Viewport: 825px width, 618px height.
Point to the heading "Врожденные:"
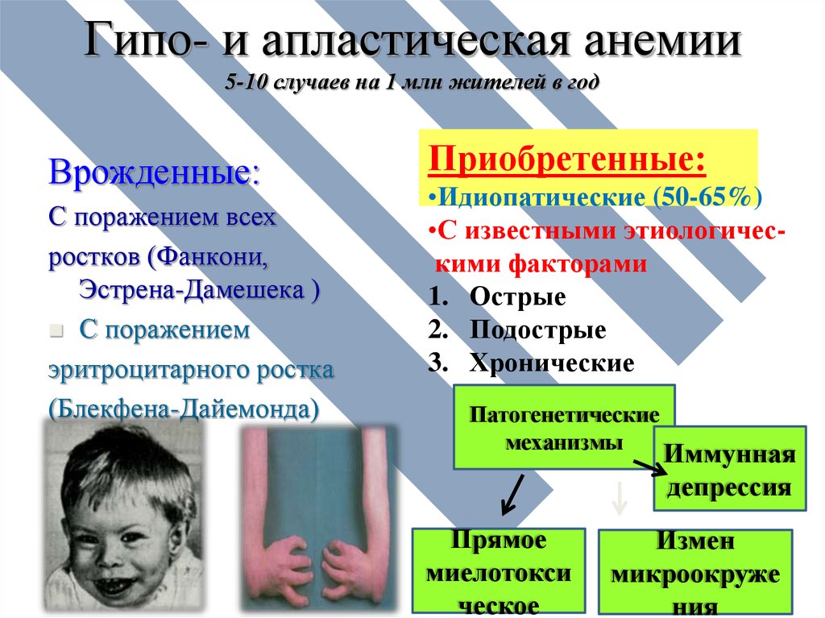pos(155,172)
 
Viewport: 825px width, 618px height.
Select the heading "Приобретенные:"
pos(567,159)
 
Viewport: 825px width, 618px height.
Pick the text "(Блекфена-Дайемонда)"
pos(184,409)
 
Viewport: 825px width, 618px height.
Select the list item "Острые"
pos(518,297)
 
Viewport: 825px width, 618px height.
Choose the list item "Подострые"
pos(537,330)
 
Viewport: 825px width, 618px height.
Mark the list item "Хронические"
pos(552,363)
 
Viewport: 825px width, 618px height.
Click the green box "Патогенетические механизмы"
pos(564,427)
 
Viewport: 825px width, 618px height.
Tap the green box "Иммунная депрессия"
pos(730,468)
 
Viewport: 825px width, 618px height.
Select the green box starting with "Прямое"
pos(498,572)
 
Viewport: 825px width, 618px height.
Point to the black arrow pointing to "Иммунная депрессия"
pos(650,468)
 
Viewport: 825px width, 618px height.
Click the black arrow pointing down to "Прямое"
pos(512,495)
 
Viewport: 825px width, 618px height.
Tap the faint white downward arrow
pos(620,497)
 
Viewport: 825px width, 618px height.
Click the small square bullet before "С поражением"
pos(56,331)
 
